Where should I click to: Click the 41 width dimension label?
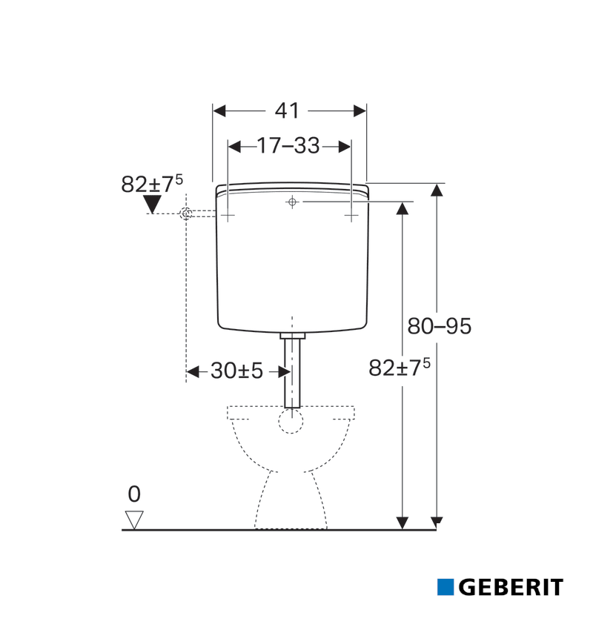click(287, 110)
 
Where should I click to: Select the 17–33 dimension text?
click(288, 145)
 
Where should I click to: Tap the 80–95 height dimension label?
click(439, 326)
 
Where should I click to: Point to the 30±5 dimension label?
click(236, 371)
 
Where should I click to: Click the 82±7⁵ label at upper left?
click(152, 184)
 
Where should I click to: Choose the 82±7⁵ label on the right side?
click(400, 367)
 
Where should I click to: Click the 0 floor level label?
click(134, 494)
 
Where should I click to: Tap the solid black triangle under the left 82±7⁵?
click(152, 204)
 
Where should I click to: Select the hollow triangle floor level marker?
click(134, 520)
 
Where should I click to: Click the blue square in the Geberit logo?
click(445, 587)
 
